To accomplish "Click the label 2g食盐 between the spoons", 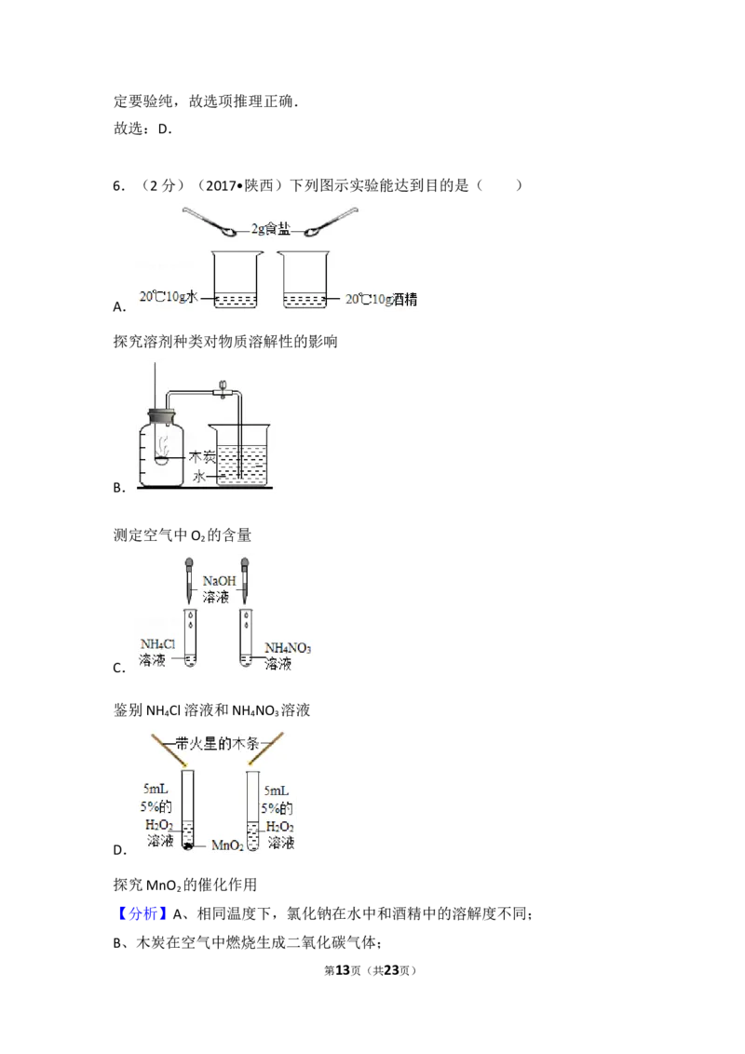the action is click(x=270, y=229).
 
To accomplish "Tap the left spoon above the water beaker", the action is click(x=210, y=222).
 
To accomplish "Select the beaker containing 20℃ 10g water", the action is click(x=235, y=279).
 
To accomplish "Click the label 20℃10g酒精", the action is click(x=381, y=299).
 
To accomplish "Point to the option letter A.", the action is click(x=119, y=307).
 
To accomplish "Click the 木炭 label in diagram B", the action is click(x=201, y=457).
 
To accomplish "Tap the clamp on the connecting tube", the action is click(x=222, y=389).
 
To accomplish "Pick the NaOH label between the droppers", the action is click(x=219, y=581).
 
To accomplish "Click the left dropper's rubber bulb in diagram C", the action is click(x=190, y=562).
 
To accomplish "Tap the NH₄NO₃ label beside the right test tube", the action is click(x=287, y=648).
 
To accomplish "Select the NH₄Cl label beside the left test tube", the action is click(x=158, y=644).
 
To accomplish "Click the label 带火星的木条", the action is click(x=217, y=743).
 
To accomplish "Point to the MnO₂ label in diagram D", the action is click(x=227, y=845).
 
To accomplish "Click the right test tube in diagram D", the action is click(x=252, y=811).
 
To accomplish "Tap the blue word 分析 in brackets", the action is click(x=143, y=913).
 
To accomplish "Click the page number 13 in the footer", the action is click(x=343, y=970).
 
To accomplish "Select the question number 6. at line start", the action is click(x=119, y=186).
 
